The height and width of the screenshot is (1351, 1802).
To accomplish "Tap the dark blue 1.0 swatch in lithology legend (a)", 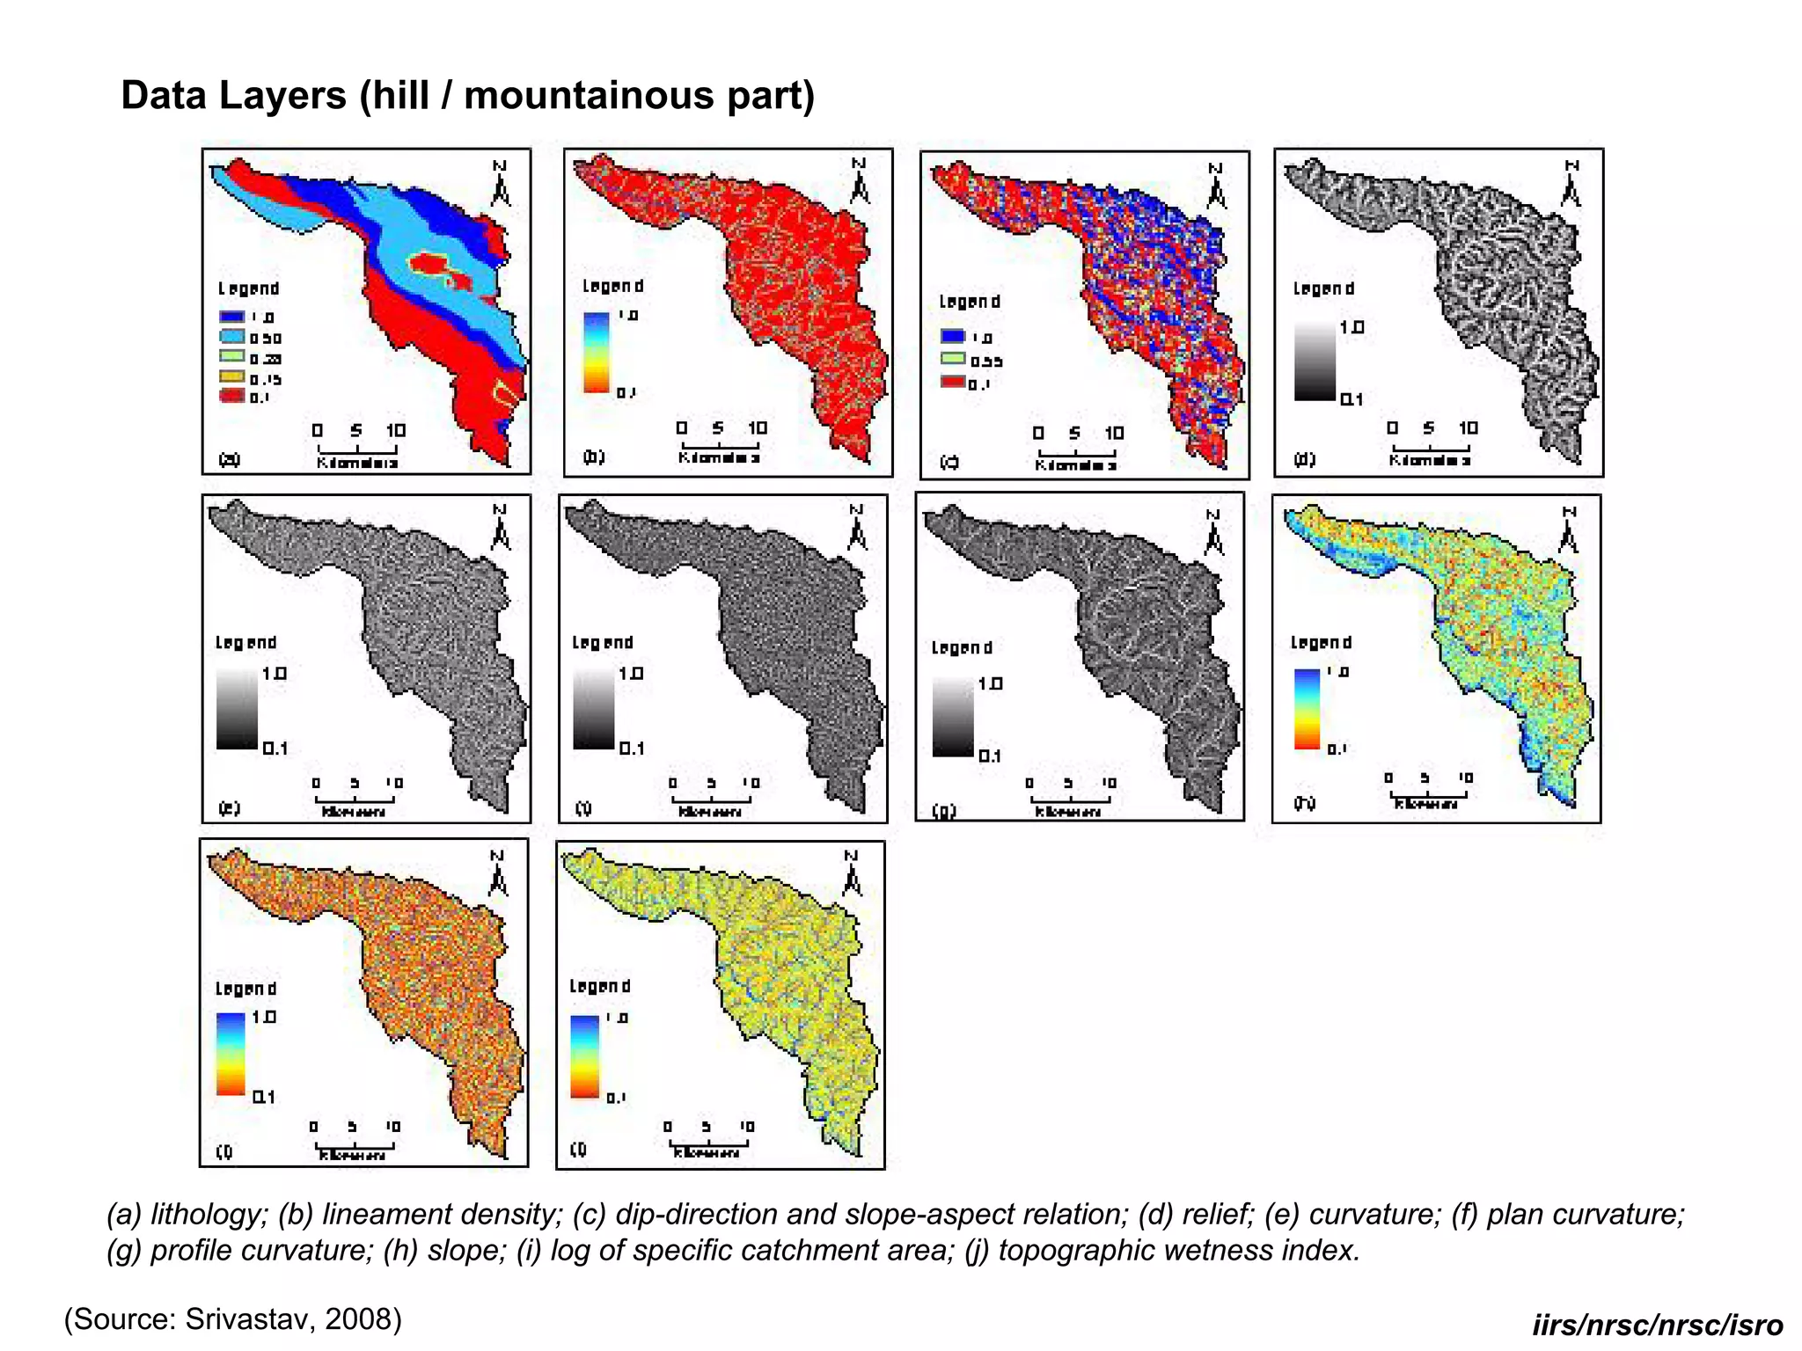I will click(232, 317).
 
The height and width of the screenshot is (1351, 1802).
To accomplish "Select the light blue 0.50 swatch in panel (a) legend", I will click(232, 337).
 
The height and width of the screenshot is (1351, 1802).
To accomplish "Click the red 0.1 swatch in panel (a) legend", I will click(232, 397).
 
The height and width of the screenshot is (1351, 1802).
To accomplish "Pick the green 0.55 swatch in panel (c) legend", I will click(953, 359).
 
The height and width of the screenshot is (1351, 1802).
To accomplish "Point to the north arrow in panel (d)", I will click(1571, 185).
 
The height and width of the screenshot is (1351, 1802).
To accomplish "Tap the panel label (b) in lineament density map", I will click(594, 456).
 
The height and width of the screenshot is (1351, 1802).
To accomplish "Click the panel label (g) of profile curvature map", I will click(944, 810).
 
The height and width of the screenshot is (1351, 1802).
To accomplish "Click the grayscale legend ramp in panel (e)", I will click(237, 709).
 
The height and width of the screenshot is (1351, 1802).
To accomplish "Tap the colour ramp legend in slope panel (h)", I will click(1308, 709).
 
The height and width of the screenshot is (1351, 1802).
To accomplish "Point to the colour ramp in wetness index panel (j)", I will click(585, 1056).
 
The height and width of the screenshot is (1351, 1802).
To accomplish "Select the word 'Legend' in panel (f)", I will click(603, 643).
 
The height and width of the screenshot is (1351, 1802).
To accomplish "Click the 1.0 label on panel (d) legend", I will click(1351, 327).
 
